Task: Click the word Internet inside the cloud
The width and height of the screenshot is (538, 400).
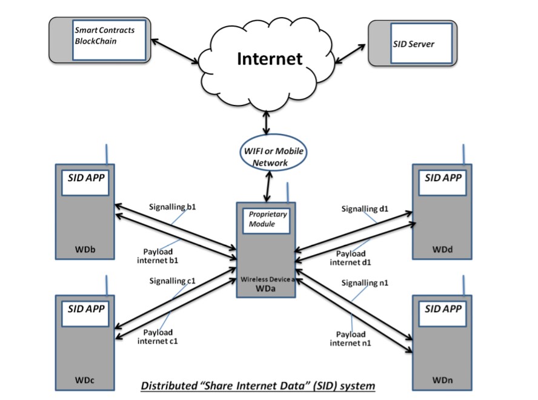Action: (269, 59)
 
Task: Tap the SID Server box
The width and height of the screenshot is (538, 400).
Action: (420, 44)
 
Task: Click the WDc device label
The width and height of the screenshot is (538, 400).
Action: (84, 380)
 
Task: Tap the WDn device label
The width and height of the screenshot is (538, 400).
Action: (442, 380)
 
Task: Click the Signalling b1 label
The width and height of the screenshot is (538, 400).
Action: (173, 207)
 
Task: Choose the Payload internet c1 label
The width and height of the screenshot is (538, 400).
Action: (158, 336)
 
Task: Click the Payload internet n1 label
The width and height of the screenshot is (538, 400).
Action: (350, 339)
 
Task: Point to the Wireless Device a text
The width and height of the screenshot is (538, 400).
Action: (265, 279)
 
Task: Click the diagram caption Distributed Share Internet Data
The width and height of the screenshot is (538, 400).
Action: (258, 385)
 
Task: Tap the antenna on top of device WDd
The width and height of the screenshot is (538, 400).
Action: (464, 154)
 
